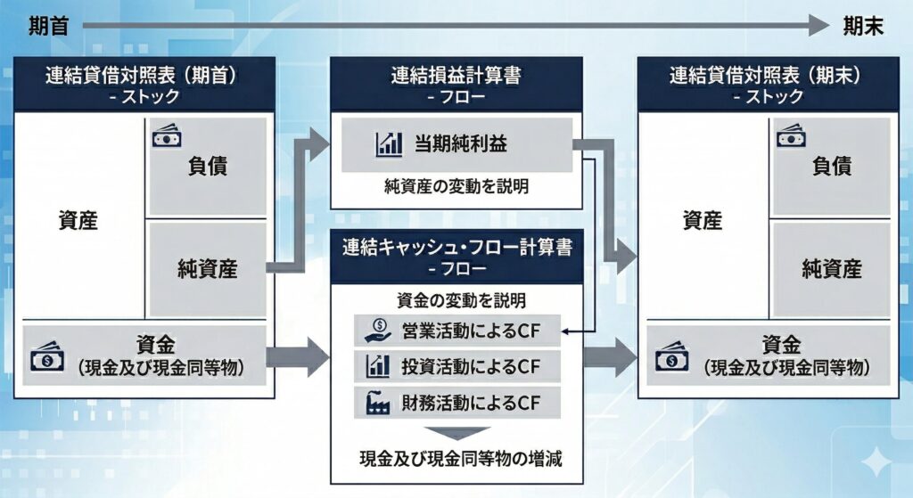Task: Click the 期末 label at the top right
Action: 863,27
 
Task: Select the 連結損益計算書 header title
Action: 456,76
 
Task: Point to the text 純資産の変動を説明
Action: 456,187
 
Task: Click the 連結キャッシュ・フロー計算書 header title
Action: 456,247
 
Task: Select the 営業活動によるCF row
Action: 456,331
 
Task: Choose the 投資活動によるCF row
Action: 456,366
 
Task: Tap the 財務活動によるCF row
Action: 456,401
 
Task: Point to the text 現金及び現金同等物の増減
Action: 456,461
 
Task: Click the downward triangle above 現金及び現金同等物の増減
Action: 456,434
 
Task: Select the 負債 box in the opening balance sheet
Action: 207,166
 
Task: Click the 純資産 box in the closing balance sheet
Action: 830,267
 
